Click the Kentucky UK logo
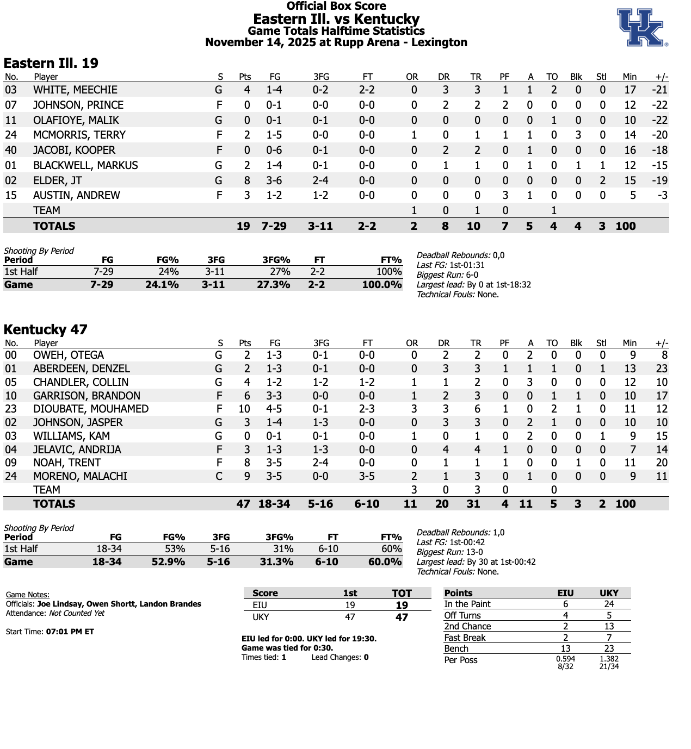[x=641, y=27]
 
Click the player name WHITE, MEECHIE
[x=75, y=90]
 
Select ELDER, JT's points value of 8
[x=247, y=180]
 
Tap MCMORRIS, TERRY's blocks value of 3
[x=578, y=135]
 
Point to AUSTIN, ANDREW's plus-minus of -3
[x=662, y=196]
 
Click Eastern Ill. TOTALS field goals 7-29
[x=274, y=226]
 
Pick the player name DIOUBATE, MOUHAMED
[x=91, y=409]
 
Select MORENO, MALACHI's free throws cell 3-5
[x=367, y=477]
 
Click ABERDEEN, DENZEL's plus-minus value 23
[x=662, y=369]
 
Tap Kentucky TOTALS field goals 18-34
[x=274, y=504]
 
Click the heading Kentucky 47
[x=46, y=329]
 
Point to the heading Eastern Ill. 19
[x=51, y=64]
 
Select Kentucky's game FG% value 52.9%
[x=168, y=562]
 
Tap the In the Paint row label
[x=467, y=604]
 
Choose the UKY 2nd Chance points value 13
[x=609, y=627]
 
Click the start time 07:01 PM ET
[x=70, y=632]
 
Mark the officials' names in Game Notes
[x=119, y=604]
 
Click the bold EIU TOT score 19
[x=402, y=606]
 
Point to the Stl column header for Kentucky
[x=601, y=344]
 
